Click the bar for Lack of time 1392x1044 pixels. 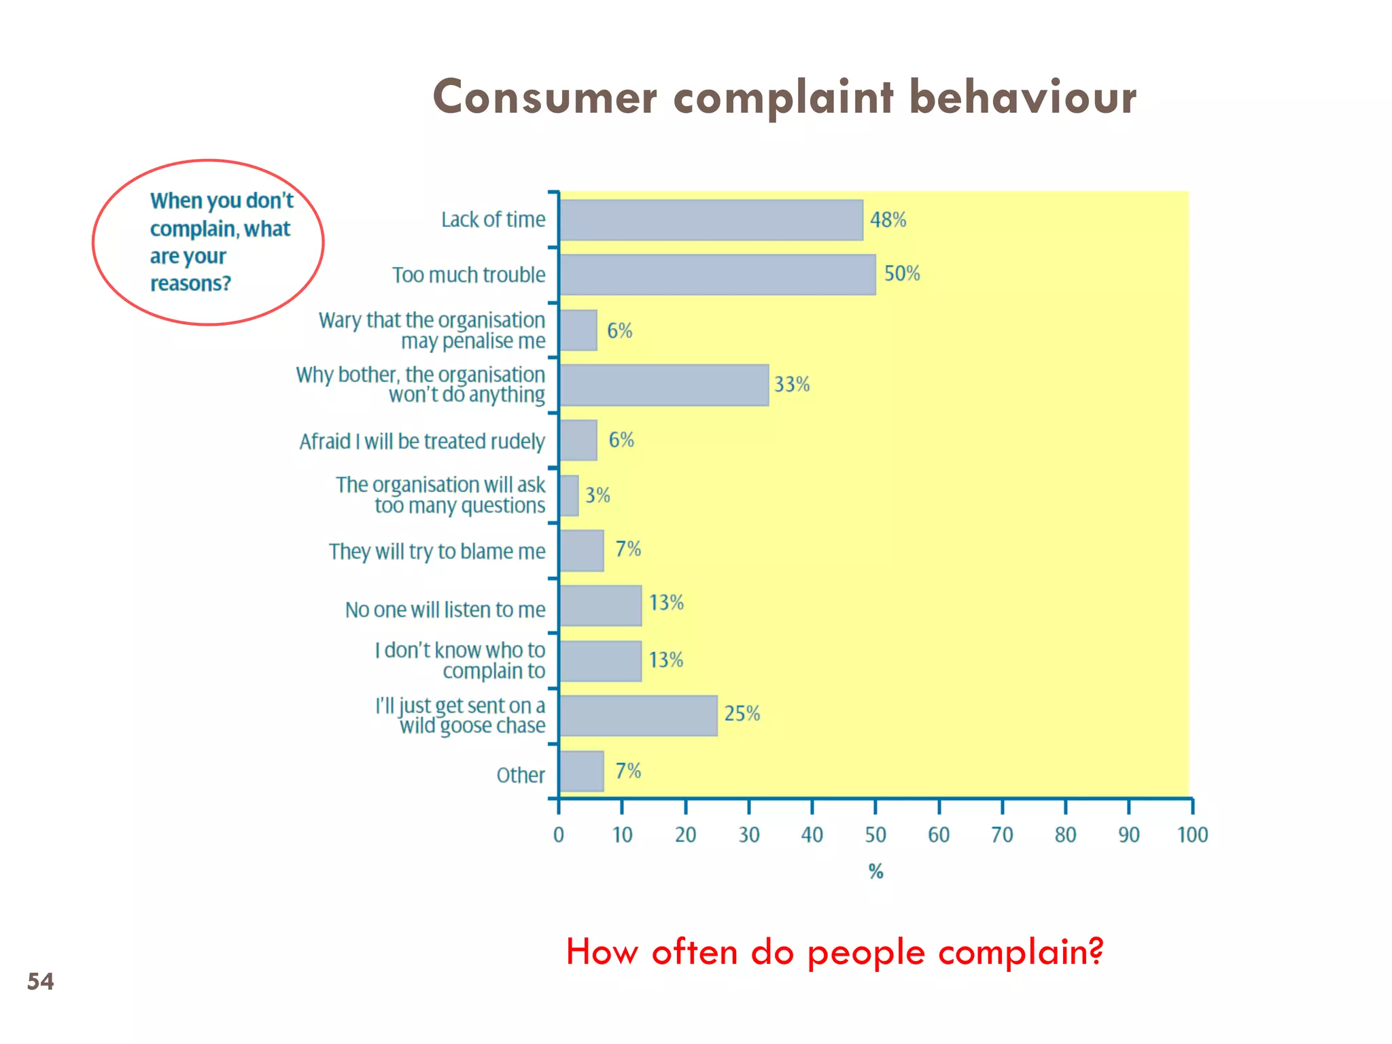[711, 220]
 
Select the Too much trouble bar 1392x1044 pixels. [718, 275]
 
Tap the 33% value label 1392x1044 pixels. [792, 385]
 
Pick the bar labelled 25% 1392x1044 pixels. [638, 716]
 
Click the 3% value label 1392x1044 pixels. [597, 495]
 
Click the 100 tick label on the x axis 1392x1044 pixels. [1192, 835]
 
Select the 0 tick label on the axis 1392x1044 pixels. [559, 835]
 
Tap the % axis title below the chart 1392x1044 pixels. [875, 871]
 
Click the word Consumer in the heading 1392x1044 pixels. [544, 97]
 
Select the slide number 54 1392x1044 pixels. [40, 981]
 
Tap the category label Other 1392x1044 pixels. [521, 776]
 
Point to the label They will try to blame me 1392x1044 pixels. [437, 551]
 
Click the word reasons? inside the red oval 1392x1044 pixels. [190, 283]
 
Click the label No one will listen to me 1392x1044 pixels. [445, 610]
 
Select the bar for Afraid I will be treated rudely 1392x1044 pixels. [578, 440]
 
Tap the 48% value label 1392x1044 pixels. [888, 220]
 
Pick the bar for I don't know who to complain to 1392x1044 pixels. [600, 661]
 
